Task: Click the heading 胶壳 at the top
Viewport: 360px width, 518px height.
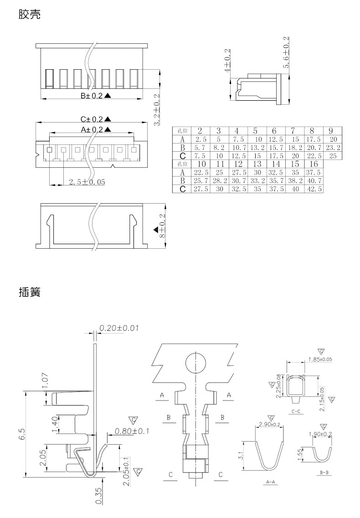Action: tap(30, 15)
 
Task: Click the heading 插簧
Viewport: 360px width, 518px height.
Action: tap(30, 292)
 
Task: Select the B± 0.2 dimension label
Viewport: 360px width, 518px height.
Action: tap(92, 96)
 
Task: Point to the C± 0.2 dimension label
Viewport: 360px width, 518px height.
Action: tap(92, 119)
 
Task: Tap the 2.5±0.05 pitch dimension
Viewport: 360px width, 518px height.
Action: tap(87, 182)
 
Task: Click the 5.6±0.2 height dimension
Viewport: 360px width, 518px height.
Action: tap(286, 52)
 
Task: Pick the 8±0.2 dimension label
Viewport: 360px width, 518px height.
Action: tap(162, 226)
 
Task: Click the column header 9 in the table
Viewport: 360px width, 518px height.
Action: tap(332, 131)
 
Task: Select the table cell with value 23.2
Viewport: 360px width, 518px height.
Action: tap(333, 148)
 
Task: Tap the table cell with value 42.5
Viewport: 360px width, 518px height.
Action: tap(314, 189)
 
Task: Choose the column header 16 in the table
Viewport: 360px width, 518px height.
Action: tap(314, 164)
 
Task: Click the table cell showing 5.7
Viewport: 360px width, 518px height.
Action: tap(201, 148)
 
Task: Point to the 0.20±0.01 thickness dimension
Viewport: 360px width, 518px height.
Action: tap(119, 328)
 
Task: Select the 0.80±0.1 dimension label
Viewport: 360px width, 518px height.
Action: tap(132, 431)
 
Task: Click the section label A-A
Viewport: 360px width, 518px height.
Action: tap(270, 482)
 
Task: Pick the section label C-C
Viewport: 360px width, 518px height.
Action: tap(296, 411)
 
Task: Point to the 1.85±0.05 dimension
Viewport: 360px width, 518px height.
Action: tap(320, 359)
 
